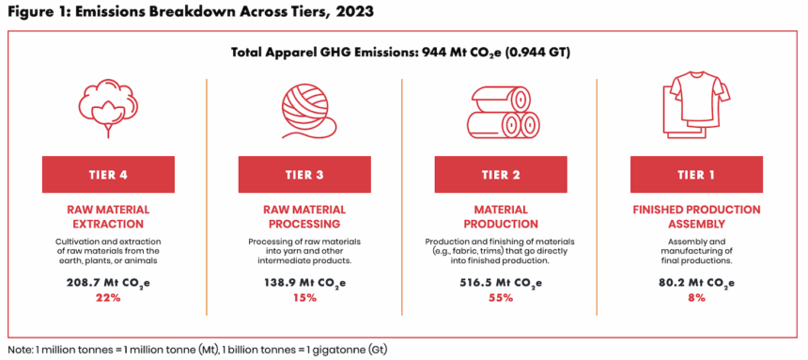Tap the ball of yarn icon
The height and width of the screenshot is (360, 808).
pyautogui.click(x=304, y=111)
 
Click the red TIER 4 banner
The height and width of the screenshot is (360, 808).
pyautogui.click(x=108, y=174)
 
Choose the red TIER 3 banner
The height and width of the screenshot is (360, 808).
pyautogui.click(x=304, y=174)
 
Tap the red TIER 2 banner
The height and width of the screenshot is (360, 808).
pyautogui.click(x=501, y=174)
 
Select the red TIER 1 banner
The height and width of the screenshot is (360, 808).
pyautogui.click(x=696, y=174)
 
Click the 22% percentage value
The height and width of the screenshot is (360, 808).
pyautogui.click(x=108, y=298)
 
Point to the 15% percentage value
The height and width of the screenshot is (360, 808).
pyautogui.click(x=304, y=298)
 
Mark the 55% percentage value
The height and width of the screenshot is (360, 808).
pyautogui.click(x=501, y=298)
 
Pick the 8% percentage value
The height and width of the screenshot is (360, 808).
pyautogui.click(x=696, y=298)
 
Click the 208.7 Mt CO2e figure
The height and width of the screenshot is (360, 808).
pyautogui.click(x=108, y=283)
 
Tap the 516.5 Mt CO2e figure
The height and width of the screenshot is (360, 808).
pyautogui.click(x=501, y=283)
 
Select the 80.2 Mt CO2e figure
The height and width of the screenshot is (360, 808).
pyautogui.click(x=696, y=283)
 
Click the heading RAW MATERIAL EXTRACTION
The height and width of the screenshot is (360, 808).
pyautogui.click(x=108, y=217)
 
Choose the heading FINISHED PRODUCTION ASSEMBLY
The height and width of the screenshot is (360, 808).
pyautogui.click(x=696, y=217)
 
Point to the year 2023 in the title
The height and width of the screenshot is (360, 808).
pyautogui.click(x=353, y=12)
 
